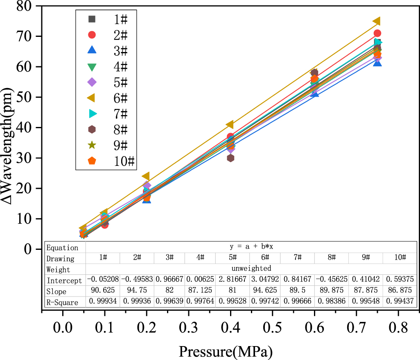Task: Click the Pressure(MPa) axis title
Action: tap(225, 351)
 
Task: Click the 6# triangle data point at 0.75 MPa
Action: tap(377, 21)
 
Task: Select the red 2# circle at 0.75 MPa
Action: tap(377, 33)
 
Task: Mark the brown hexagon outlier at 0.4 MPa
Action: tap(230, 158)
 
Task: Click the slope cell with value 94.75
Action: tap(137, 291)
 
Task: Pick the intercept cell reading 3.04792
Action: tap(265, 281)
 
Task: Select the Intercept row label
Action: tap(64, 281)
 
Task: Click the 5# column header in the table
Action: tap(233, 258)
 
